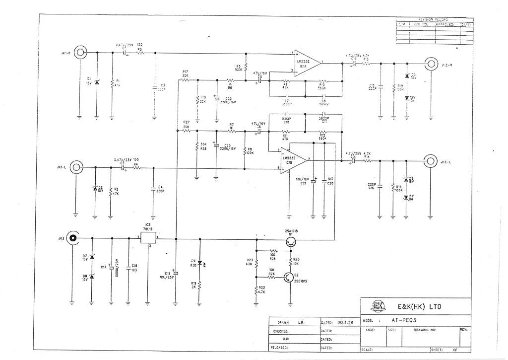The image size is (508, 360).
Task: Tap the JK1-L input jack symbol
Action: pyautogui.click(x=75, y=168)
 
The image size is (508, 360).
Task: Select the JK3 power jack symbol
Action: pyautogui.click(x=73, y=239)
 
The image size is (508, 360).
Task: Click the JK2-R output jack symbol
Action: pyautogui.click(x=431, y=64)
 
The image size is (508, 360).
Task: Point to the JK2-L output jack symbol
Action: pyautogui.click(x=430, y=161)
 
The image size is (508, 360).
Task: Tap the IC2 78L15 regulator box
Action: pyautogui.click(x=148, y=238)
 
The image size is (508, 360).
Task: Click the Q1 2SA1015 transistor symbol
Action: pyautogui.click(x=292, y=241)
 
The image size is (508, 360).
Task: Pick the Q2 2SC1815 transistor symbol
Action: pyautogui.click(x=289, y=278)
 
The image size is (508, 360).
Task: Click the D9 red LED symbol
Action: pyautogui.click(x=199, y=263)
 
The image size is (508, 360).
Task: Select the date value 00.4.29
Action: pyautogui.click(x=345, y=322)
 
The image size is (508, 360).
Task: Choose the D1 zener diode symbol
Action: pyautogui.click(x=97, y=81)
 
